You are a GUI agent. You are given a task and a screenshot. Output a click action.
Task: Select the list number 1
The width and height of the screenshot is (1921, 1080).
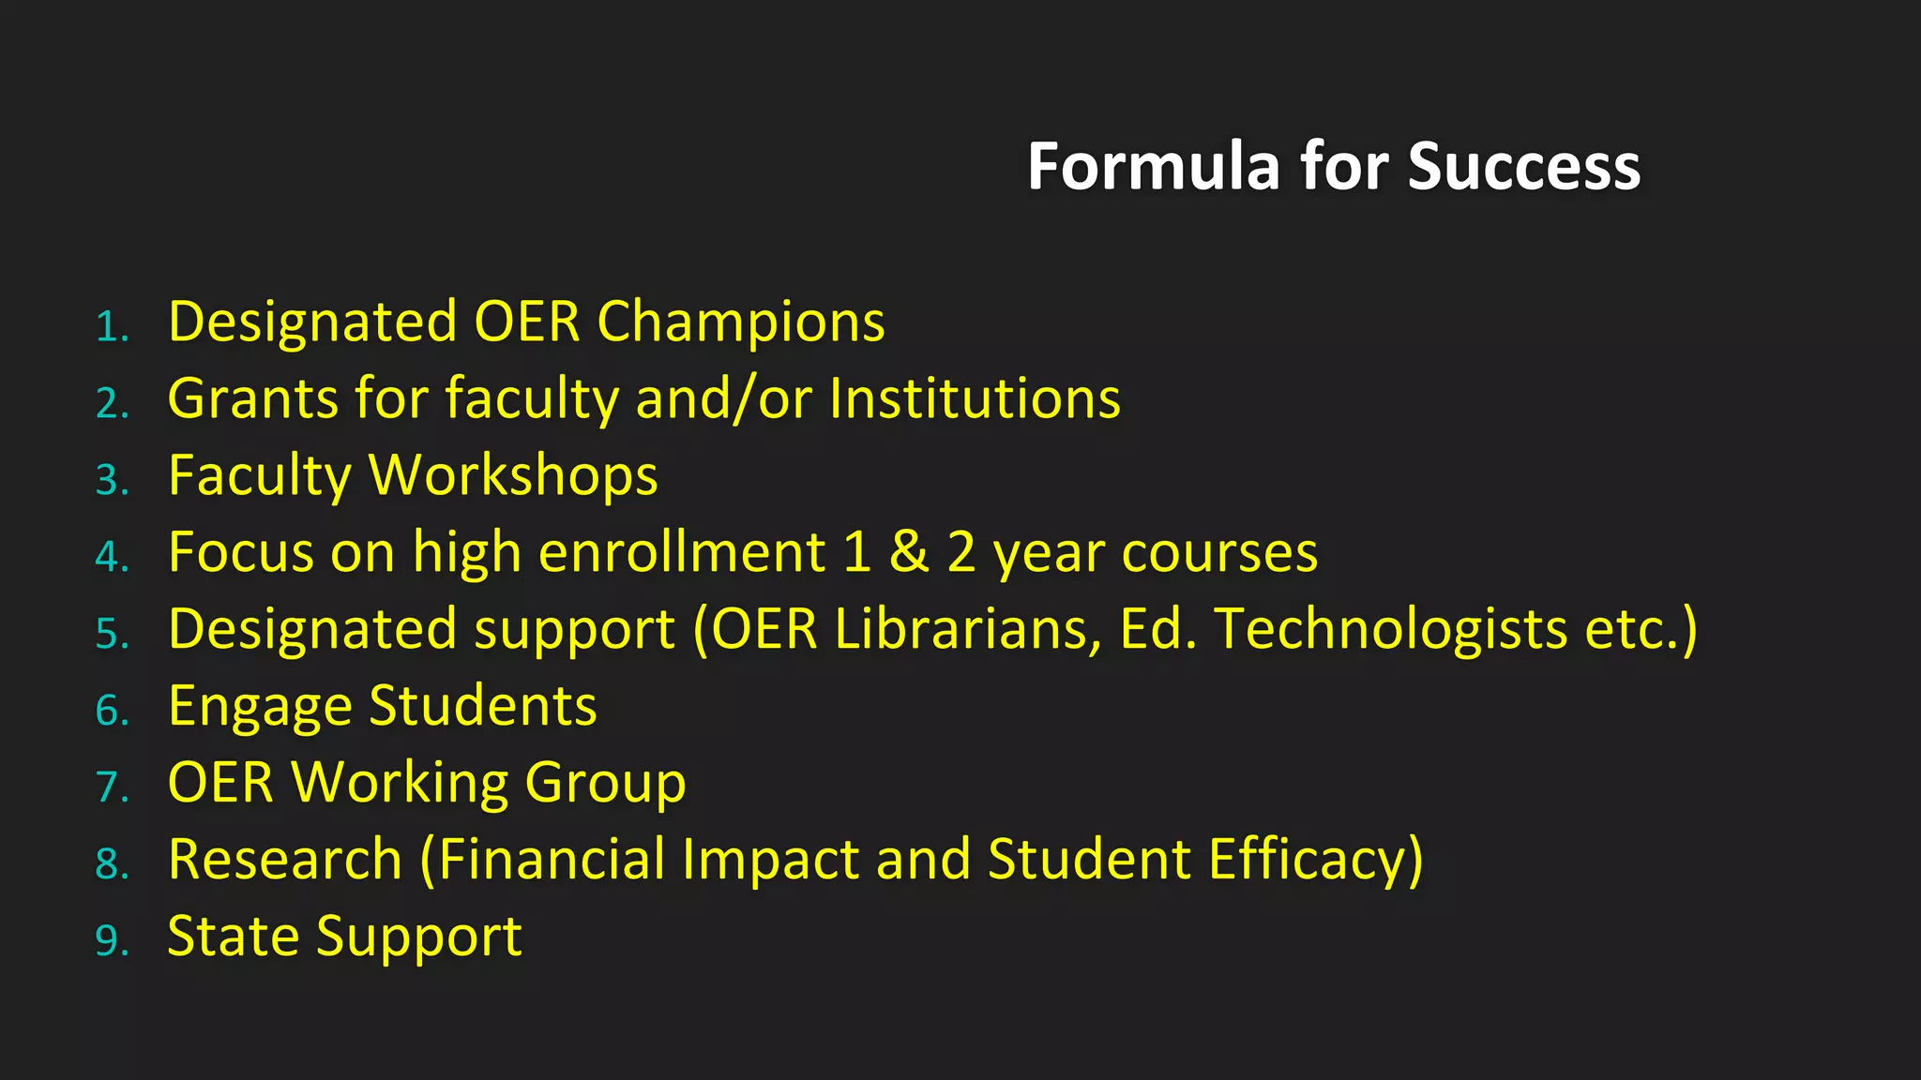tap(111, 327)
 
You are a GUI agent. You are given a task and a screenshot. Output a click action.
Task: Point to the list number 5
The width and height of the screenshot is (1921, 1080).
tap(111, 635)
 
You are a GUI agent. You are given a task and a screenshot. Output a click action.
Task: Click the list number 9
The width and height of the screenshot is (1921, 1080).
tap(111, 941)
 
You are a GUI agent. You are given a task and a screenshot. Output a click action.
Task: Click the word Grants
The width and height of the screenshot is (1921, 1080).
tap(252, 398)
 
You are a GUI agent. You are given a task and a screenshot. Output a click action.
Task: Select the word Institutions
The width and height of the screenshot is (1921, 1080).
tap(975, 398)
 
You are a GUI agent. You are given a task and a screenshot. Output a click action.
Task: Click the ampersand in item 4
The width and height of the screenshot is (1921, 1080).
tap(908, 552)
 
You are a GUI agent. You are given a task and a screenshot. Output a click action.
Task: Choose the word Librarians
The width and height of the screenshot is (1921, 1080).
tap(967, 629)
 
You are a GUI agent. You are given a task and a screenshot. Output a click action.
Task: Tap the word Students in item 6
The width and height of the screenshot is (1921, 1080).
tap(483, 706)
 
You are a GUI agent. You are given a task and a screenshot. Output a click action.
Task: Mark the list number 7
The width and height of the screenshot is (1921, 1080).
tap(111, 787)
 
